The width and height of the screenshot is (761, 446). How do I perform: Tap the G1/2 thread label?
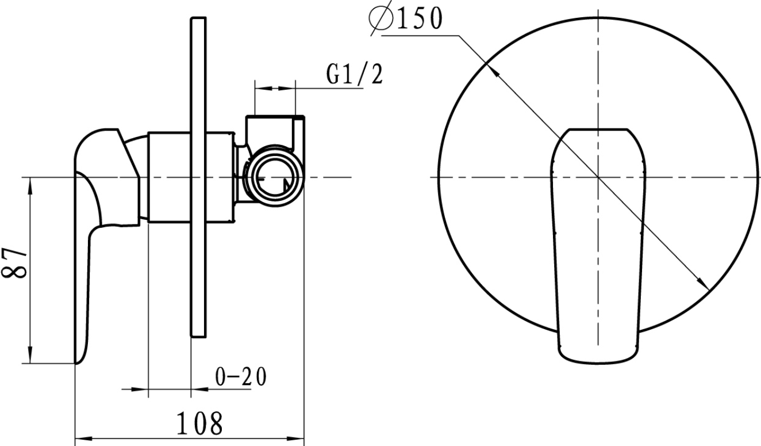(355, 74)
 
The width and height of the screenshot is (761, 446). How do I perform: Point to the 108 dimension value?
(200, 423)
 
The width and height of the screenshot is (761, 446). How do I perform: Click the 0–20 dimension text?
(241, 376)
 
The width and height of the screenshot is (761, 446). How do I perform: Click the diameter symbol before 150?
(380, 18)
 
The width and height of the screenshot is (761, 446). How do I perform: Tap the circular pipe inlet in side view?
(275, 176)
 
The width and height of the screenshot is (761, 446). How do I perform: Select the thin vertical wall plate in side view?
(198, 177)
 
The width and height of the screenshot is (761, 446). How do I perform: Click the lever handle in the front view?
(598, 246)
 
